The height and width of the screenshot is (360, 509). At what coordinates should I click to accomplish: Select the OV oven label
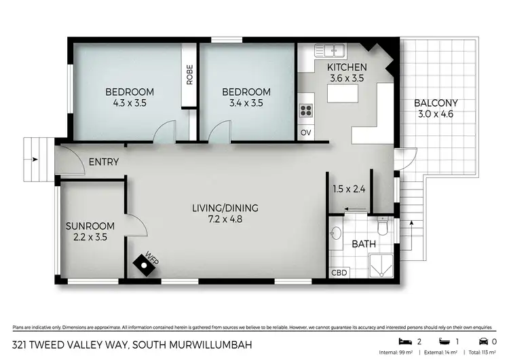point(305,132)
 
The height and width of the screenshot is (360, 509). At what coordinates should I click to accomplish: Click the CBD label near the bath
point(338,272)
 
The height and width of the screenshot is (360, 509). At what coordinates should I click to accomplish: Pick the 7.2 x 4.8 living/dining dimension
point(225,219)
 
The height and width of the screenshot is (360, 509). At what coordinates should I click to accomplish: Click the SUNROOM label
point(90,226)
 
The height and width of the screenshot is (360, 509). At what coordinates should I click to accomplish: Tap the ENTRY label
point(104,162)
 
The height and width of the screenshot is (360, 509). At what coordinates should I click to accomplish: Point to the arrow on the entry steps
point(34,160)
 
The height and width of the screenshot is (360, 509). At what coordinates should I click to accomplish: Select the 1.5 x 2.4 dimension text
point(350,190)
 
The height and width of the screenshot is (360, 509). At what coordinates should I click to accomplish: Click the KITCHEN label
point(347,67)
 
